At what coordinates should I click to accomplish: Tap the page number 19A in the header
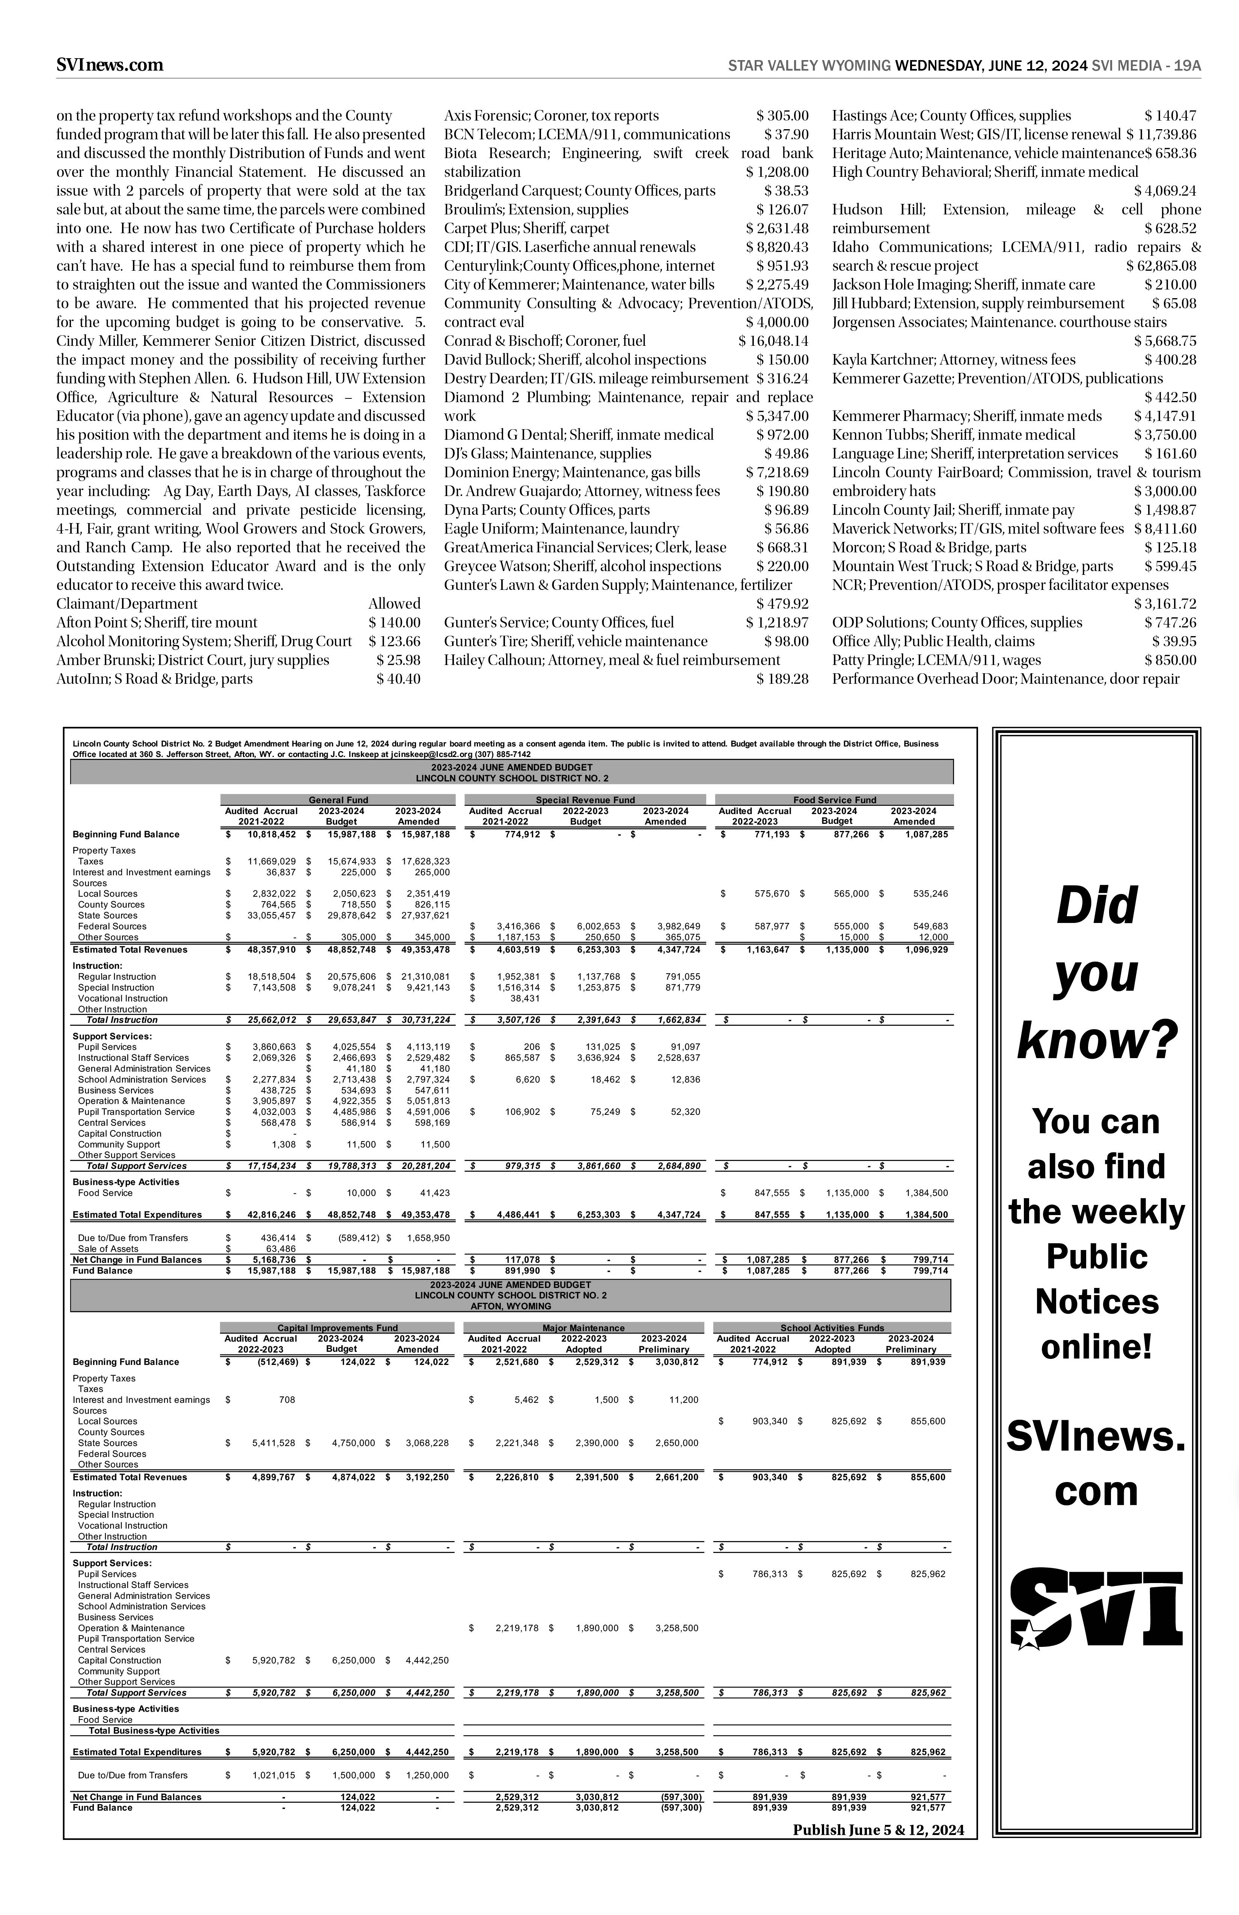(x=1187, y=66)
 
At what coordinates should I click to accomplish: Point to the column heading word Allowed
(x=394, y=603)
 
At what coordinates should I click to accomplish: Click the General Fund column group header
(x=339, y=800)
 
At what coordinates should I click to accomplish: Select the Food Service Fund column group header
(x=834, y=800)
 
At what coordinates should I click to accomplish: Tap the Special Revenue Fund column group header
(x=585, y=800)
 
